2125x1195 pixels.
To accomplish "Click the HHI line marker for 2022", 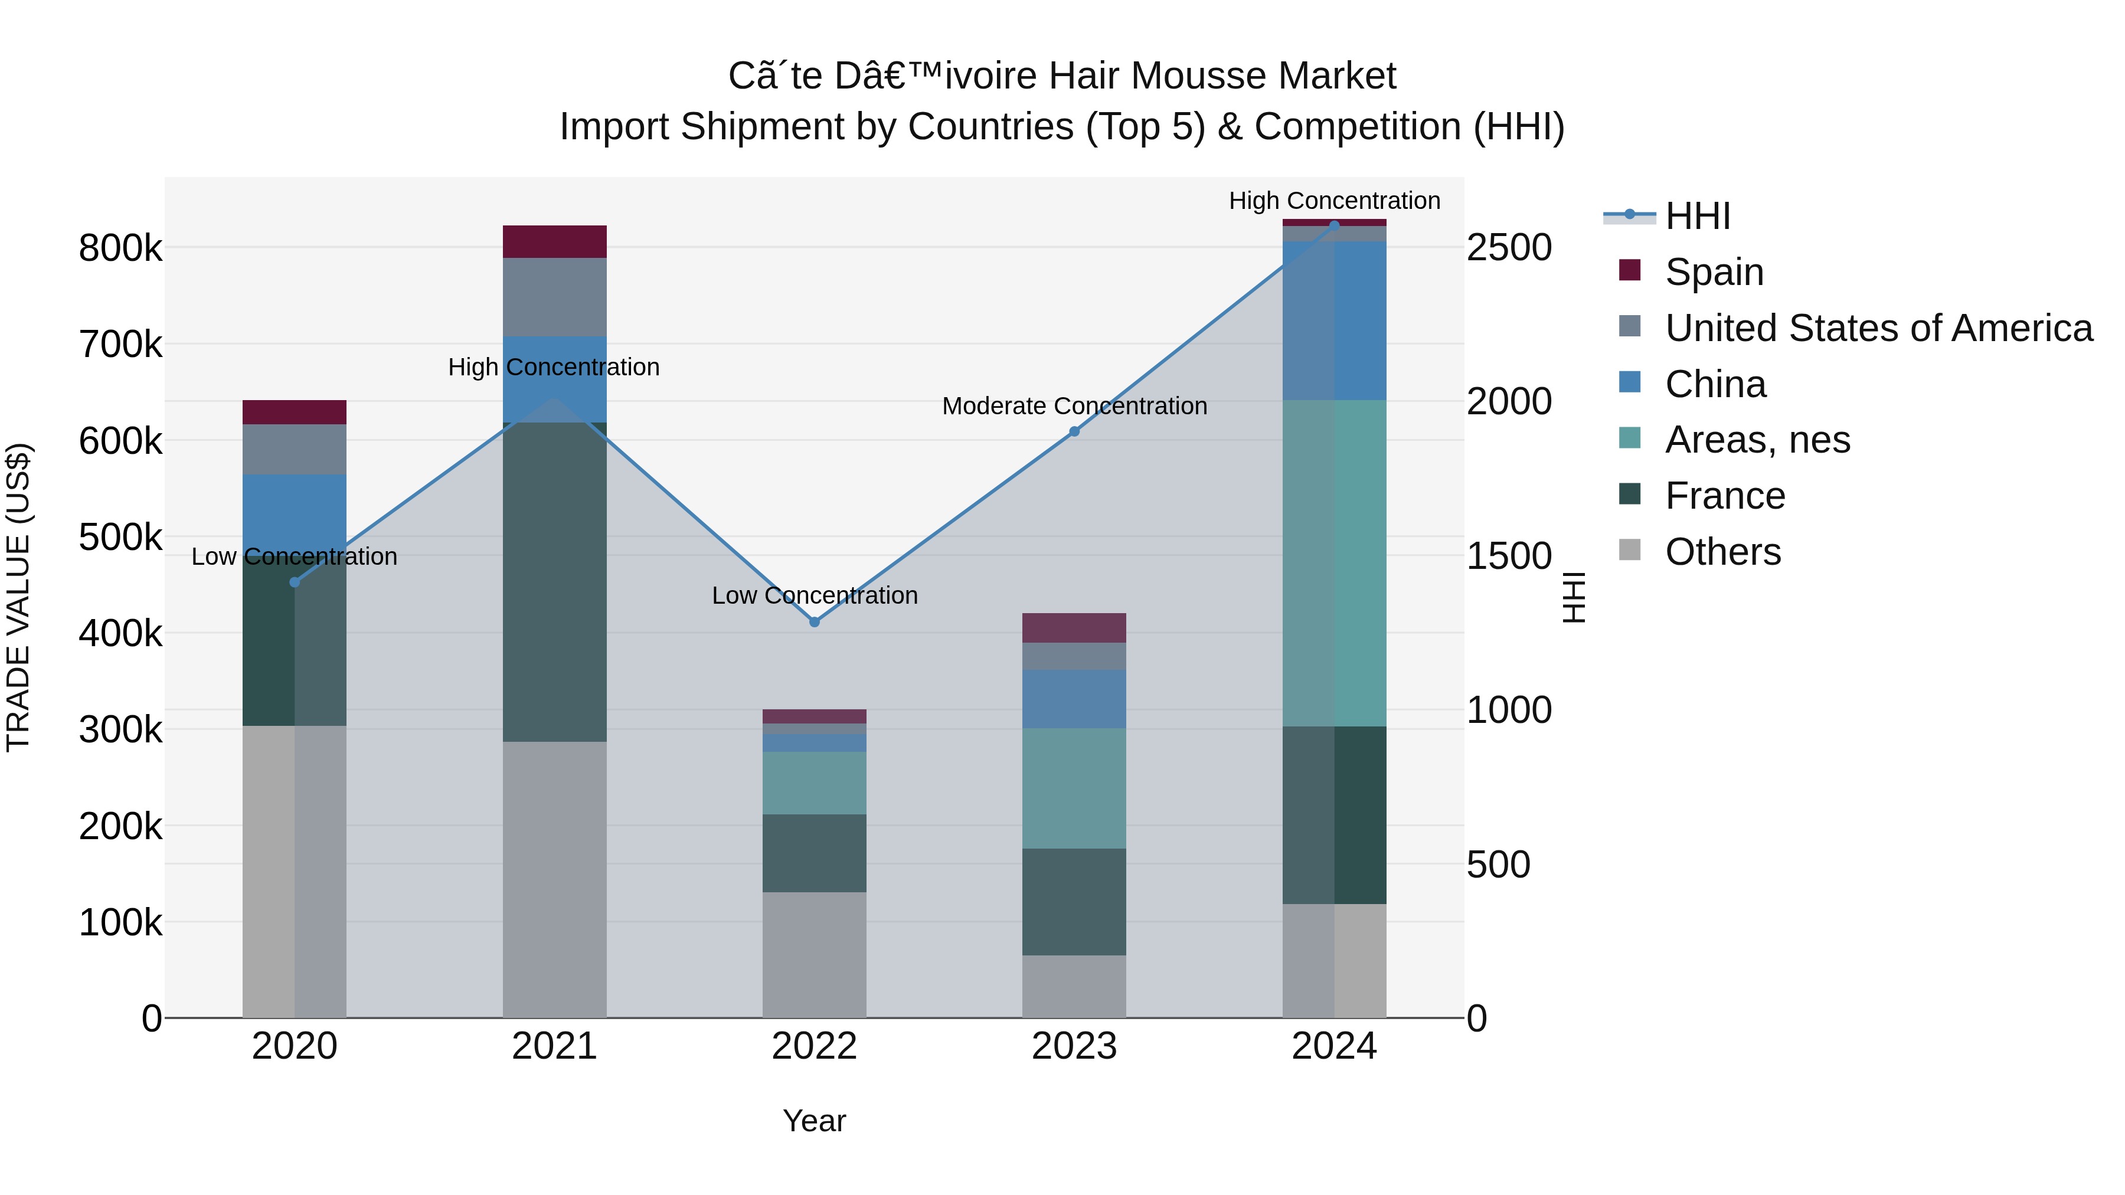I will click(x=814, y=622).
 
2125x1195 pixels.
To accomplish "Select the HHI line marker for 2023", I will click(x=1074, y=431).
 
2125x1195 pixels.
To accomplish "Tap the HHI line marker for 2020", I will click(x=295, y=582).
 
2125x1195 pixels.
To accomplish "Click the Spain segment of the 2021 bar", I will click(x=554, y=241).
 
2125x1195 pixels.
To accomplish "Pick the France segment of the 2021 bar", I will click(x=554, y=581).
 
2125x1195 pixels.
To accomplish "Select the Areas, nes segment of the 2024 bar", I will click(x=1334, y=564).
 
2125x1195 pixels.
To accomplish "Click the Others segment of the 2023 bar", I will click(x=1074, y=986).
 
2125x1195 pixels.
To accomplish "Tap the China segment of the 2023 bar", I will click(x=1074, y=699).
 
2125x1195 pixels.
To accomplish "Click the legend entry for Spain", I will click(x=1714, y=272).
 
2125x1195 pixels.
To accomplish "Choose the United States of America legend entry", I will click(x=1878, y=328).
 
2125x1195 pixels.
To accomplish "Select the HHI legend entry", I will click(x=1697, y=216).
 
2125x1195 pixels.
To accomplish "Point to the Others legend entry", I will click(x=1722, y=552).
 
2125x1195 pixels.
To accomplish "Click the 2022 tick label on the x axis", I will click(x=814, y=1046).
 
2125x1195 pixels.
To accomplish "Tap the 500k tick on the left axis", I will click(x=120, y=538).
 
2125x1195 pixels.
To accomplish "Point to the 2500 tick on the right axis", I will click(x=1509, y=247).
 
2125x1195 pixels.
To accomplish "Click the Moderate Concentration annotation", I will click(x=1074, y=406).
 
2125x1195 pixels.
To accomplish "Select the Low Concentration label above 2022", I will click(x=814, y=595).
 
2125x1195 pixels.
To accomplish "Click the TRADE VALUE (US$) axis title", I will click(x=18, y=597).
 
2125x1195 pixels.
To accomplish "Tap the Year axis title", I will click(x=814, y=1121).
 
